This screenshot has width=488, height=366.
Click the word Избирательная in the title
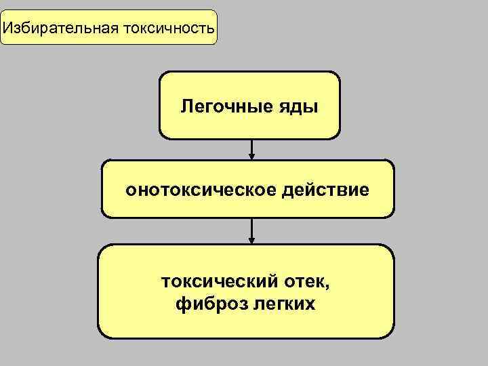point(60,28)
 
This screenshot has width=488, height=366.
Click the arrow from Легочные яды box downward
point(251,149)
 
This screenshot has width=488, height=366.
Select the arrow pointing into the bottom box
point(251,231)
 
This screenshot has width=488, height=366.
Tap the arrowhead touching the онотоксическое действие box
point(251,157)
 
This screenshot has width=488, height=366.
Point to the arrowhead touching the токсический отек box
point(251,241)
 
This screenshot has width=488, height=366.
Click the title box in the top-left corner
point(108,27)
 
